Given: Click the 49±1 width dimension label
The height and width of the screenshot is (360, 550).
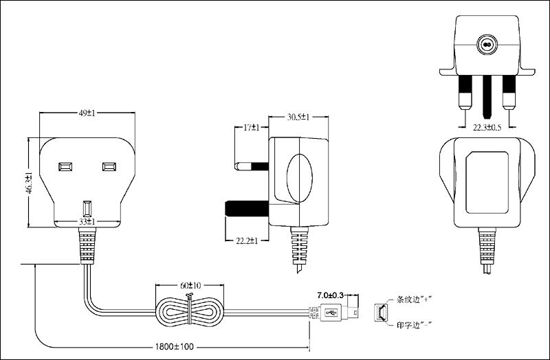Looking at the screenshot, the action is (x=87, y=113).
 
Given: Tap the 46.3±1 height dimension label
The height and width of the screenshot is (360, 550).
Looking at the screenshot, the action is (x=29, y=183).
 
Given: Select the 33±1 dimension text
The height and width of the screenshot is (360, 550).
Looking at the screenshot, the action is (x=87, y=221).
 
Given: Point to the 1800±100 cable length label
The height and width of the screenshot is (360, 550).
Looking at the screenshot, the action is (x=175, y=347).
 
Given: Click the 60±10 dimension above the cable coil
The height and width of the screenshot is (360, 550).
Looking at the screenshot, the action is (x=190, y=286).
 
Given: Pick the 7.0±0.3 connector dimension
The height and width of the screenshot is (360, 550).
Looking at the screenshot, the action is (x=331, y=295).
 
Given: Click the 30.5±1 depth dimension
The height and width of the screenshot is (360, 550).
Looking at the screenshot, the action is (x=298, y=117).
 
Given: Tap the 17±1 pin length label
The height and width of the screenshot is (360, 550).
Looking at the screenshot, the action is (x=251, y=128).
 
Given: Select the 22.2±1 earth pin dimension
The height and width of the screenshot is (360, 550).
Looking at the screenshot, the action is (x=247, y=241).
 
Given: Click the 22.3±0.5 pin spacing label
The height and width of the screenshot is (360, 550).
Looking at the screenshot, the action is (x=487, y=128).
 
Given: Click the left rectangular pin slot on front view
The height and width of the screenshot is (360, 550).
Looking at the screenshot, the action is (x=65, y=166).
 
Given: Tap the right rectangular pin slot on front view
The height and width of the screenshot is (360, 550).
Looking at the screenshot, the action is (x=109, y=166).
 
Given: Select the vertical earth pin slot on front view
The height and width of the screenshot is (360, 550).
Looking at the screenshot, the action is (x=87, y=209).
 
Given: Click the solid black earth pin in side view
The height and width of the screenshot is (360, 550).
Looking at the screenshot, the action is (x=247, y=209).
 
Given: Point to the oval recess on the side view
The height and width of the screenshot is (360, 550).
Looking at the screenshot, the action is (x=299, y=178).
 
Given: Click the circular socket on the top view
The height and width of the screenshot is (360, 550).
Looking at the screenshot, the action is (x=487, y=45).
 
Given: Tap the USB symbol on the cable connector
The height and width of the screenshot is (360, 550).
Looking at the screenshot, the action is (x=331, y=312).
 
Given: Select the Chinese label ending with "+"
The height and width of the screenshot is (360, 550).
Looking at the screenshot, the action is (x=414, y=300).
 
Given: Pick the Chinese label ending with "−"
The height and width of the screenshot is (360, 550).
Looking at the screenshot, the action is (x=414, y=325).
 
